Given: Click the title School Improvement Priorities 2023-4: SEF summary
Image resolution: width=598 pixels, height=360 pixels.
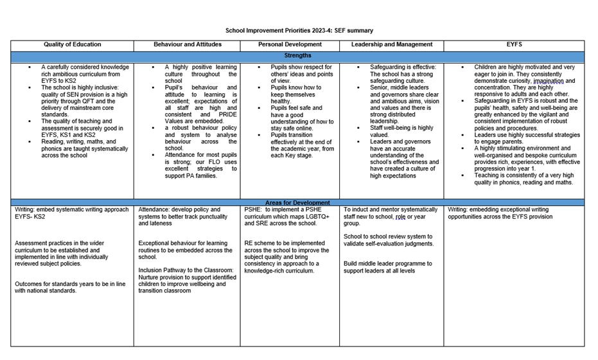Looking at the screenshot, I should [299, 30].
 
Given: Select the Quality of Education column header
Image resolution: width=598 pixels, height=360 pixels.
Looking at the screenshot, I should [72, 45].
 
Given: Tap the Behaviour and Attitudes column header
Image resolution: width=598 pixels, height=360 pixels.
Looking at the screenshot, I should [187, 45].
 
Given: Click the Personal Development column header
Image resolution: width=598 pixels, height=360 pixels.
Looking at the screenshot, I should [290, 45].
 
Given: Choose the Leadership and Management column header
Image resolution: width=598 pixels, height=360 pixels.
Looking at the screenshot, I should [392, 45].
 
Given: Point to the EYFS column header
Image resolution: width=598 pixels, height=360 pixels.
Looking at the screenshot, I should [514, 45].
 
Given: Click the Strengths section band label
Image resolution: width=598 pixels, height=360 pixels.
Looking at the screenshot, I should [297, 56].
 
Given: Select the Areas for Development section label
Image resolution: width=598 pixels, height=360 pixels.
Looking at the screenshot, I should [297, 203].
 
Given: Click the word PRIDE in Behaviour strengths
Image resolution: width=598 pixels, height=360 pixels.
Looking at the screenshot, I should [227, 114].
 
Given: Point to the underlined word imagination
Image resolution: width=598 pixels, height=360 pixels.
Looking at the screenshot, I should [548, 82].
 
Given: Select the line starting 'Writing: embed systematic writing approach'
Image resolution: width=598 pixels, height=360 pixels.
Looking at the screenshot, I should [71, 210].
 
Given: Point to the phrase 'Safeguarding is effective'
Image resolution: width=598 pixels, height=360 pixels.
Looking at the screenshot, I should [403, 67].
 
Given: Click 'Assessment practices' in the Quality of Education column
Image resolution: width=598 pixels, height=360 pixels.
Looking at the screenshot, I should [45, 244].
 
